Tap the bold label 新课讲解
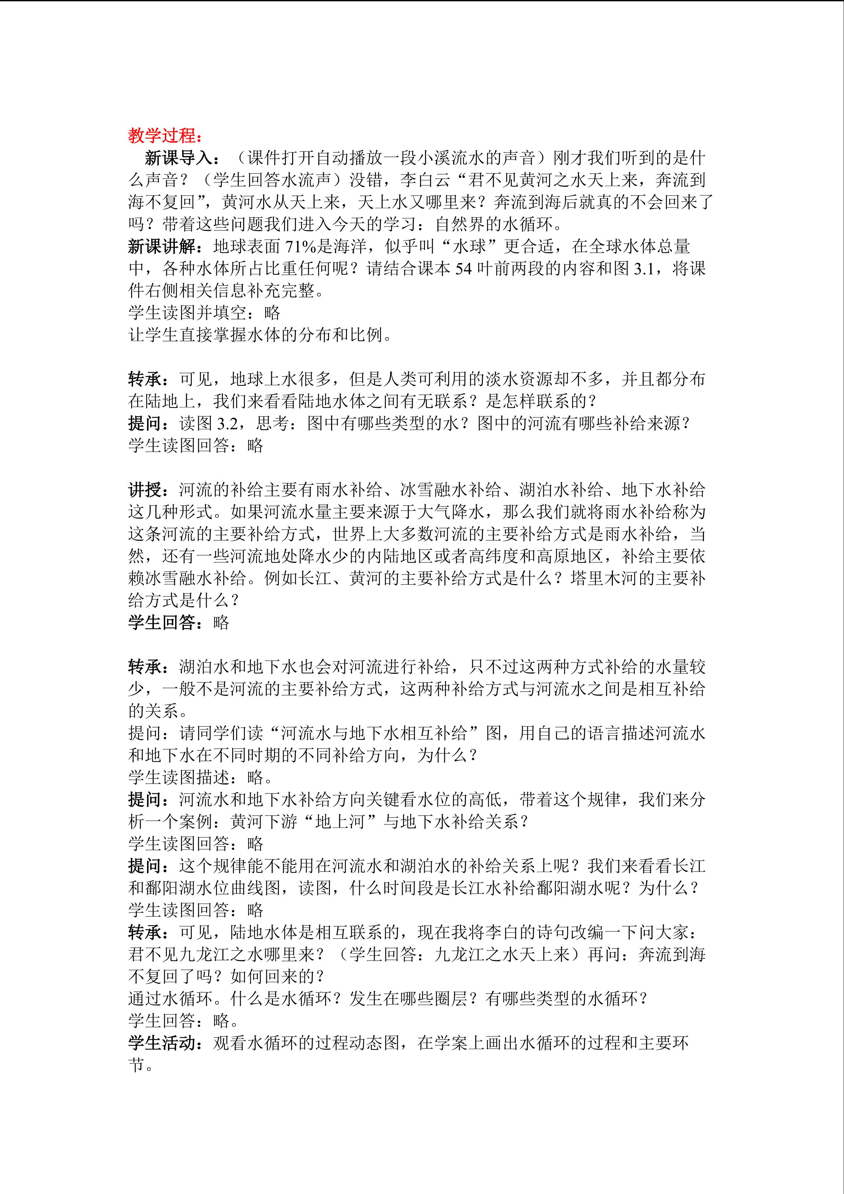[x=162, y=246]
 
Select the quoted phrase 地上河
[x=339, y=822]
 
